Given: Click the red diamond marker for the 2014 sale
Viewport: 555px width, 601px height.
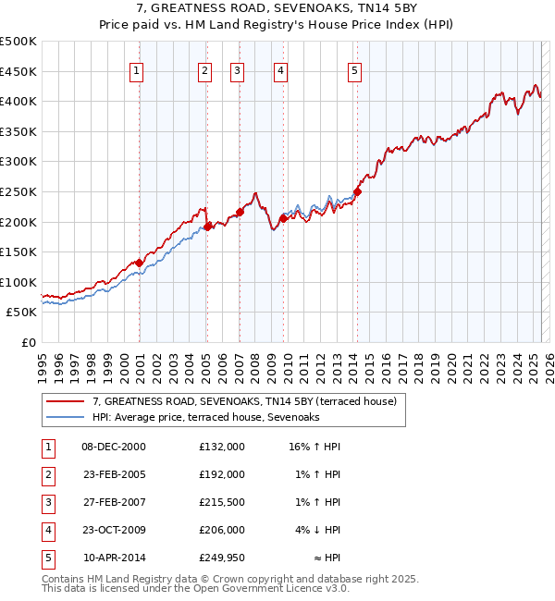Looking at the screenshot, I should click(358, 191).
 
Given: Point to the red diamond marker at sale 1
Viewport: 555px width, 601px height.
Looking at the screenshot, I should click(140, 263).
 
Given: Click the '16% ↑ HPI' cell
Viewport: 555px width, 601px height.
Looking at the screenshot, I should click(314, 447).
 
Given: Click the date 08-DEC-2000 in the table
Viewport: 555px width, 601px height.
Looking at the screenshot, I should click(114, 447).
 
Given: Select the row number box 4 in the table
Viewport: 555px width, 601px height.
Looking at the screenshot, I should click(47, 530).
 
